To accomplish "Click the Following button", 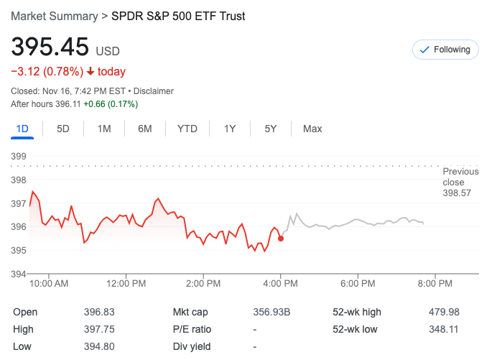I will [445, 50].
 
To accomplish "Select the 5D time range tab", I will [63, 129].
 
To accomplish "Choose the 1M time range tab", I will [104, 129].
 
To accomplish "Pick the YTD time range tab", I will [187, 129].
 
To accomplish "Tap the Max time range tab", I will [312, 129].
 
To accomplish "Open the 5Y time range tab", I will [271, 129].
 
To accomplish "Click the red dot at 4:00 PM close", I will [281, 239].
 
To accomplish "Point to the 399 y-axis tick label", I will [19, 156].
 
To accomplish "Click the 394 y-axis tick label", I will [19, 274].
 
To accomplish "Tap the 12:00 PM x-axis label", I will [126, 284].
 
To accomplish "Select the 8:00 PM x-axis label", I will [435, 284].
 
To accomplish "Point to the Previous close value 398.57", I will [457, 193].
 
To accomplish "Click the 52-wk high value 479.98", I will [444, 312].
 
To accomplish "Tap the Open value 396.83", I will [99, 312].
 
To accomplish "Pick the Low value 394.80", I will [99, 346].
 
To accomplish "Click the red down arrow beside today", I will [90, 72].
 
